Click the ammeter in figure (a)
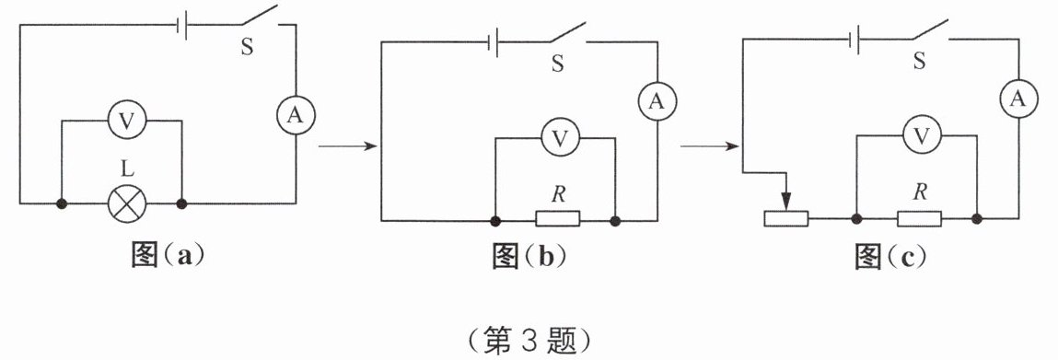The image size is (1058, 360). [295, 115]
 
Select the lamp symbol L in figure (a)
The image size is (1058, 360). [127, 203]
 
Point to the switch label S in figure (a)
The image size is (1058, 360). [248, 48]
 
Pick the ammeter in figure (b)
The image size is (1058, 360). [656, 101]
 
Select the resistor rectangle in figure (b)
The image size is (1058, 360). [558, 218]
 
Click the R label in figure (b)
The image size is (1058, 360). [557, 195]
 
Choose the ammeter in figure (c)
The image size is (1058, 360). [1018, 99]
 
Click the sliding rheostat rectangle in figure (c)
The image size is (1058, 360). [785, 218]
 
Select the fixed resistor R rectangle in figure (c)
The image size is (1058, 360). [920, 218]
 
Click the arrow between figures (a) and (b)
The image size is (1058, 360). [347, 146]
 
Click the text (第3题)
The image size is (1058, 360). [529, 343]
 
